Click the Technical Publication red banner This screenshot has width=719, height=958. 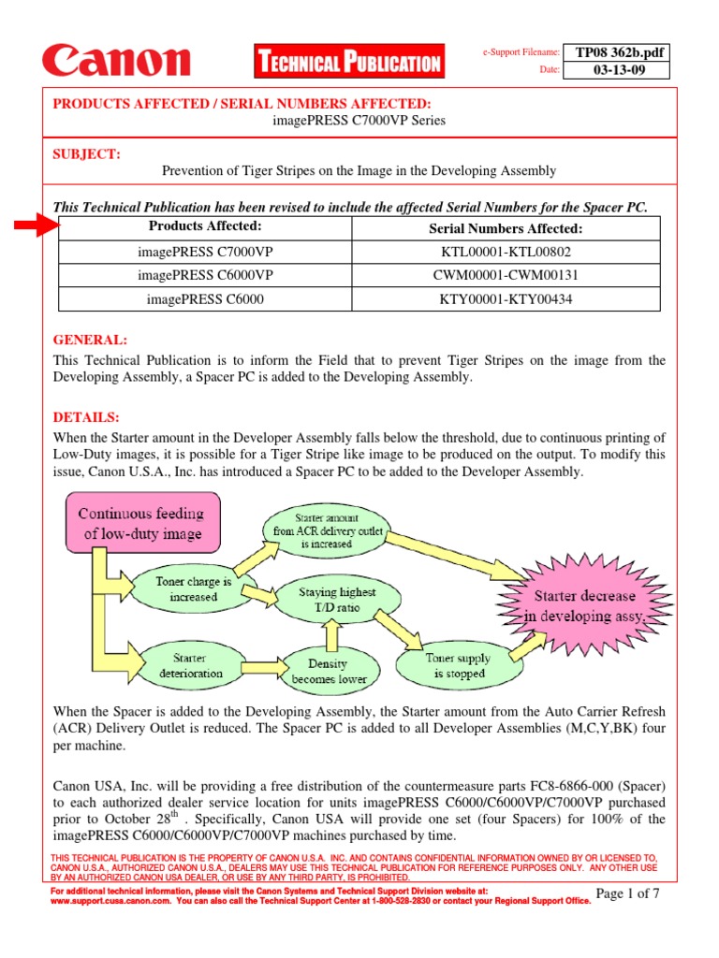(x=348, y=63)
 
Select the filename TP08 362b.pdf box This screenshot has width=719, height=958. (x=620, y=52)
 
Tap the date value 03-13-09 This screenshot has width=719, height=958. (x=620, y=70)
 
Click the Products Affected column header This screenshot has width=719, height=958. (x=205, y=227)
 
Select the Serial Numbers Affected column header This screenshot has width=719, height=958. (x=506, y=228)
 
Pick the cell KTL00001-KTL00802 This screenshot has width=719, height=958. (x=506, y=253)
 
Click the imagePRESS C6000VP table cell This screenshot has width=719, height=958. (x=205, y=276)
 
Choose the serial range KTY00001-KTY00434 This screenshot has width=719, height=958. (x=506, y=299)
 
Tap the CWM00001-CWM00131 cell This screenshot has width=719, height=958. (x=506, y=276)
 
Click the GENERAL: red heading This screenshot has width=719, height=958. (x=90, y=341)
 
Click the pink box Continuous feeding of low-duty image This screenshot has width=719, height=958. (x=140, y=524)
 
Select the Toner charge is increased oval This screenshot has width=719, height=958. (x=194, y=588)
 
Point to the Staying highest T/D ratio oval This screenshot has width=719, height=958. (x=337, y=599)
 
